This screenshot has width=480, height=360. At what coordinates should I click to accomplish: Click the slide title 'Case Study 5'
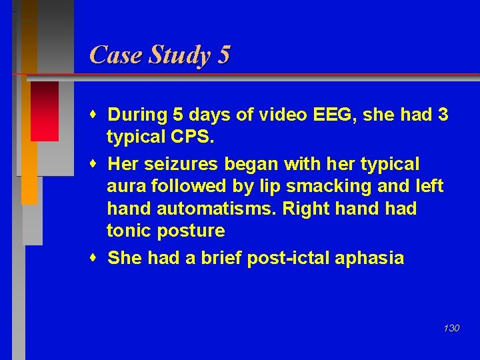tap(159, 55)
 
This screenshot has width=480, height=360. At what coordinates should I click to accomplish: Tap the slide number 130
tap(451, 328)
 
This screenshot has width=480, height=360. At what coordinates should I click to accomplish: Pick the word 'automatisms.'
tap(217, 209)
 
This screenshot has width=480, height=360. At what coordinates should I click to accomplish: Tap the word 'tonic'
tap(129, 231)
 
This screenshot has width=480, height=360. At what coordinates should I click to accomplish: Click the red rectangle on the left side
tap(45, 111)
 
